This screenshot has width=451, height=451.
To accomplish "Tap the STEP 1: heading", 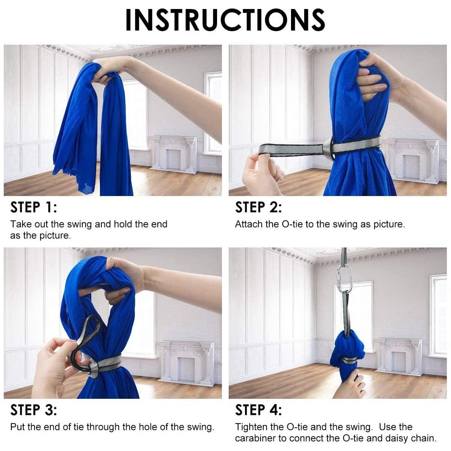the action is [34, 207].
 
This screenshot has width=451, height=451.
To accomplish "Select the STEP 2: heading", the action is [258, 207].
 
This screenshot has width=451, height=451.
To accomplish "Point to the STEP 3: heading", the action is [34, 410].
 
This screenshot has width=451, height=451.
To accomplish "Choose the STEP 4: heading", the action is [258, 410].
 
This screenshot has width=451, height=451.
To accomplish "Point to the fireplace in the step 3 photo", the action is [186, 363].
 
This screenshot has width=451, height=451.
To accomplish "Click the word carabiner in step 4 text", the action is [255, 438].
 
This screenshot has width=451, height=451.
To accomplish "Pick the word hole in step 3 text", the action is [148, 427].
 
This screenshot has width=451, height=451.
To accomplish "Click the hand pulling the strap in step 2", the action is [262, 173].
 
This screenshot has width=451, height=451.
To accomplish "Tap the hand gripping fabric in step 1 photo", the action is [110, 69].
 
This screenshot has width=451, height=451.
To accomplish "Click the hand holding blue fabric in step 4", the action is [350, 383].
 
